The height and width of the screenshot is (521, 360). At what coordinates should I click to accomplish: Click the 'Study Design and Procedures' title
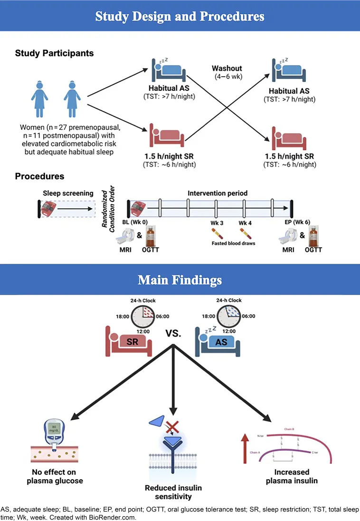(x=180, y=16)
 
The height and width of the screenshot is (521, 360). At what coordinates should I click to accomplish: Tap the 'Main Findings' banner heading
(x=180, y=280)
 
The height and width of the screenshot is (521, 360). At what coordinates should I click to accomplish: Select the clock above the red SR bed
(x=142, y=316)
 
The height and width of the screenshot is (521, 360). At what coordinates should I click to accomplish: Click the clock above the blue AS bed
(x=228, y=316)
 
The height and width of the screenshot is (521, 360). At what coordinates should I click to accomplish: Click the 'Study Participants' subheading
(x=54, y=53)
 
